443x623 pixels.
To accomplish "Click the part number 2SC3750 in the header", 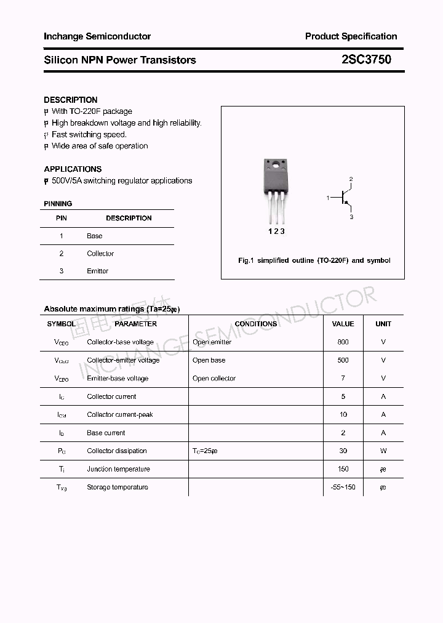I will (365, 60).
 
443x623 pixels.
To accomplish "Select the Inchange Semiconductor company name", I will (97, 36).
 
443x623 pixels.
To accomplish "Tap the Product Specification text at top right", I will (351, 36).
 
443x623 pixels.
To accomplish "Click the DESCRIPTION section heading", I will (70, 100).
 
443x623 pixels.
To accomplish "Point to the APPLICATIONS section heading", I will (73, 169).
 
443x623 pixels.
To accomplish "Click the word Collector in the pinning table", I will (100, 254).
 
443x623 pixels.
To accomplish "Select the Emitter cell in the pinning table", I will (97, 271).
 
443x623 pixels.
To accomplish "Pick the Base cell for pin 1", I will (94, 236).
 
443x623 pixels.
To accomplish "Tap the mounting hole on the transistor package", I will (276, 164).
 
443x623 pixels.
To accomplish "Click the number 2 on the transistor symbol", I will (351, 179).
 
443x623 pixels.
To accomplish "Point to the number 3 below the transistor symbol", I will (351, 217).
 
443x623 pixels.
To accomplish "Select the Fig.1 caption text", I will (314, 260).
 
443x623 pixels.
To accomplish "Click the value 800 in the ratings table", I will (343, 342).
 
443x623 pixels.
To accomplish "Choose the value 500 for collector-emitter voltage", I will (343, 360).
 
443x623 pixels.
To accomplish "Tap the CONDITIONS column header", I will (255, 324).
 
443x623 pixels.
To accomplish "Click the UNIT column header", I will (383, 324).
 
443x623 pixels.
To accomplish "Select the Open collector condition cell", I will (214, 379).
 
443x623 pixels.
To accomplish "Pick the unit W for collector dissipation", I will (383, 451).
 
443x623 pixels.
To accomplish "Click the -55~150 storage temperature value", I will (343, 487).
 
